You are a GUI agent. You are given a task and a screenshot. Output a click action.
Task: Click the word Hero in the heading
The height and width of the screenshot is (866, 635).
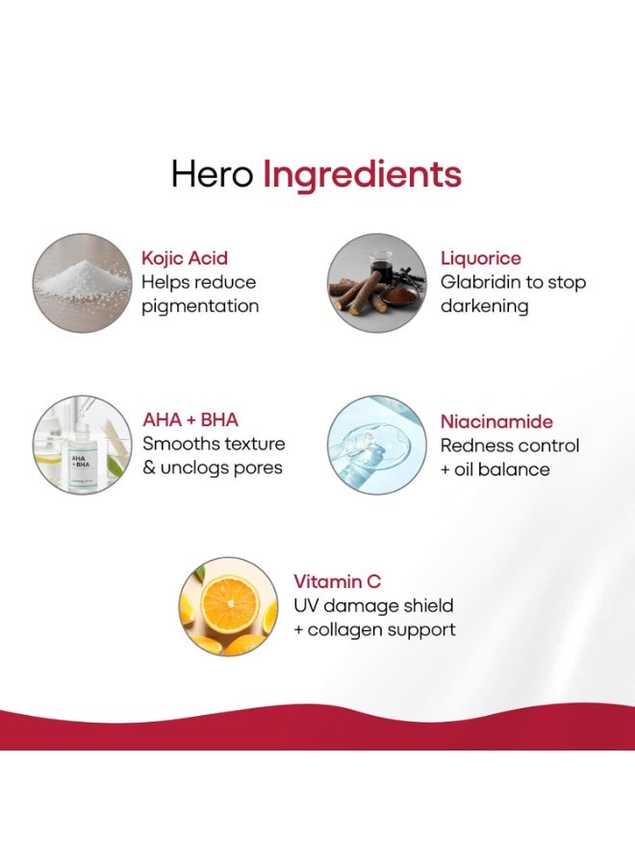click(212, 174)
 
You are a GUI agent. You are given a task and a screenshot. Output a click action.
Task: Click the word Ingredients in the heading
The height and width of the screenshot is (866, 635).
click(362, 177)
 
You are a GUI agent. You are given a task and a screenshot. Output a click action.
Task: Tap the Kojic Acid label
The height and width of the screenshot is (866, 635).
click(185, 259)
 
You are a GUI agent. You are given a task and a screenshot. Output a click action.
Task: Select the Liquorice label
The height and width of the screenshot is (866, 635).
click(480, 259)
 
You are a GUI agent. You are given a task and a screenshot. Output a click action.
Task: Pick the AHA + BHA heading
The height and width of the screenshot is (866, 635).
click(190, 420)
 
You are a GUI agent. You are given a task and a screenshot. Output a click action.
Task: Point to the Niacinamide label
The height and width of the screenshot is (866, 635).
click(496, 421)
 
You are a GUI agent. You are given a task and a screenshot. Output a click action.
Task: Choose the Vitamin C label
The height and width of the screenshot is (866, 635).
click(337, 581)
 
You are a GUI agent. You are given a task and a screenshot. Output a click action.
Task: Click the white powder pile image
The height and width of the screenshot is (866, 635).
click(83, 283)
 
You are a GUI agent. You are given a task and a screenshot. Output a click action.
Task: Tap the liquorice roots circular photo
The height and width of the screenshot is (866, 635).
click(376, 283)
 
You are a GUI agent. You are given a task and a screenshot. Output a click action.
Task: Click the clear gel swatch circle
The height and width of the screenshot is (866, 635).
click(376, 445)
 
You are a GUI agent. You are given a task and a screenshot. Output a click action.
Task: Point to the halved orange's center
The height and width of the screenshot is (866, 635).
click(230, 603)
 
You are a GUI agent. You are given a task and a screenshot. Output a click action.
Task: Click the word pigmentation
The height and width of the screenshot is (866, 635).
click(200, 307)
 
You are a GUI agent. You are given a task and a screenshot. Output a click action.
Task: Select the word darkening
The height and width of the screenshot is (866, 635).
click(484, 306)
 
